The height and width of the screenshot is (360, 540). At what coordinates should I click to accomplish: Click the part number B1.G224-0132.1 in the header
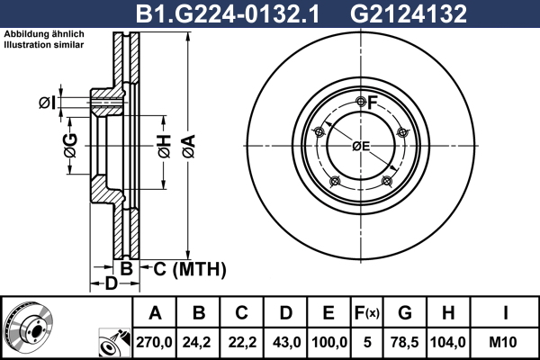click(x=228, y=13)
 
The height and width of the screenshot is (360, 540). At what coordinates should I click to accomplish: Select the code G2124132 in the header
click(x=409, y=13)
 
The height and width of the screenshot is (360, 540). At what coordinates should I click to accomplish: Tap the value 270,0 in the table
click(x=154, y=342)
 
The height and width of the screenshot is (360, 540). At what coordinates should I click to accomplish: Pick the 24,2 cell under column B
click(x=196, y=342)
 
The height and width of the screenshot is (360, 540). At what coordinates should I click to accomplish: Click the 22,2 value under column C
click(x=242, y=342)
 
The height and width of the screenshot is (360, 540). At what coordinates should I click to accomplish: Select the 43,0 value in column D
click(x=286, y=342)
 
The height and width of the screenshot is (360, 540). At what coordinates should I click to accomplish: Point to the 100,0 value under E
click(x=329, y=342)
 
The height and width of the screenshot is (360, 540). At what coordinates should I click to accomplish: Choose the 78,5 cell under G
click(x=405, y=342)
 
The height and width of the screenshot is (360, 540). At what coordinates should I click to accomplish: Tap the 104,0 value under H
click(x=448, y=342)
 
